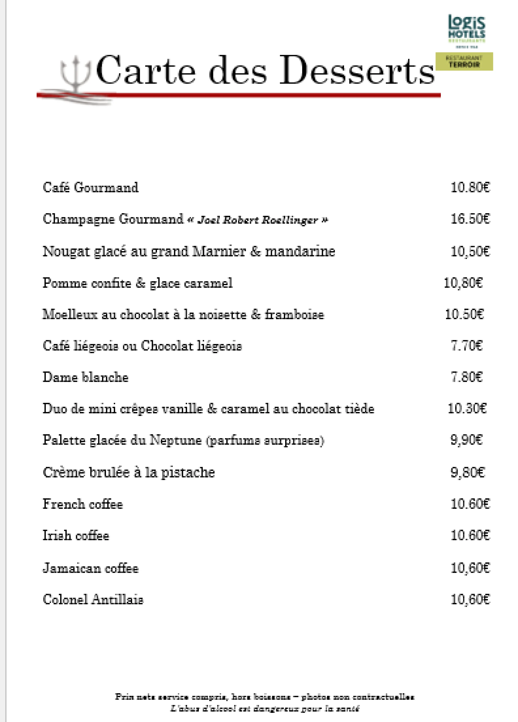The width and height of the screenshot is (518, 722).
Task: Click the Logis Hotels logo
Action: pyautogui.click(x=466, y=30)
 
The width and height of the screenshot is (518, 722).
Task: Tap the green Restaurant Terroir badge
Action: pyautogui.click(x=464, y=62)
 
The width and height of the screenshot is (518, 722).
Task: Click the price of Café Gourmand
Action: pyautogui.click(x=470, y=187)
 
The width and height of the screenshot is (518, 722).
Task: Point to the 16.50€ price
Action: pyautogui.click(x=470, y=219)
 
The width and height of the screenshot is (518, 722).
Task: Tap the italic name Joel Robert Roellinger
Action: pyautogui.click(x=258, y=220)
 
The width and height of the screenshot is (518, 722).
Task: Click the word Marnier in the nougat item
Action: pyautogui.click(x=219, y=251)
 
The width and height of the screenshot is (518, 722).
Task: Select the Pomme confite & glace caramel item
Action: pyautogui.click(x=138, y=283)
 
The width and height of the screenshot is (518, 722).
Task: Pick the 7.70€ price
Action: pyautogui.click(x=466, y=345)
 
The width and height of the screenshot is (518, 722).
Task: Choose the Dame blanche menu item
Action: pyautogui.click(x=86, y=377)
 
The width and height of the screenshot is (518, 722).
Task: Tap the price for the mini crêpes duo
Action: pyautogui.click(x=467, y=408)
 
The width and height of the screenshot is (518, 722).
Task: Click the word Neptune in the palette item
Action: pyautogui.click(x=176, y=440)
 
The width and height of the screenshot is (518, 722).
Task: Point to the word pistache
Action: pyautogui.click(x=188, y=472)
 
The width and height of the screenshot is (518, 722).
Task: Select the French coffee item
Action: pyautogui.click(x=83, y=504)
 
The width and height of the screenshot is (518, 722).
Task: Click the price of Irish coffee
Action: pyautogui.click(x=470, y=535)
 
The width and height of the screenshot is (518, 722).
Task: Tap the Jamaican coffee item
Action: pyautogui.click(x=91, y=568)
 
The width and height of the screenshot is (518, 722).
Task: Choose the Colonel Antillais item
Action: pyautogui.click(x=93, y=600)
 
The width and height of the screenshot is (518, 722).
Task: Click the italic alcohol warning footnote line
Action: pyautogui.click(x=265, y=709)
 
